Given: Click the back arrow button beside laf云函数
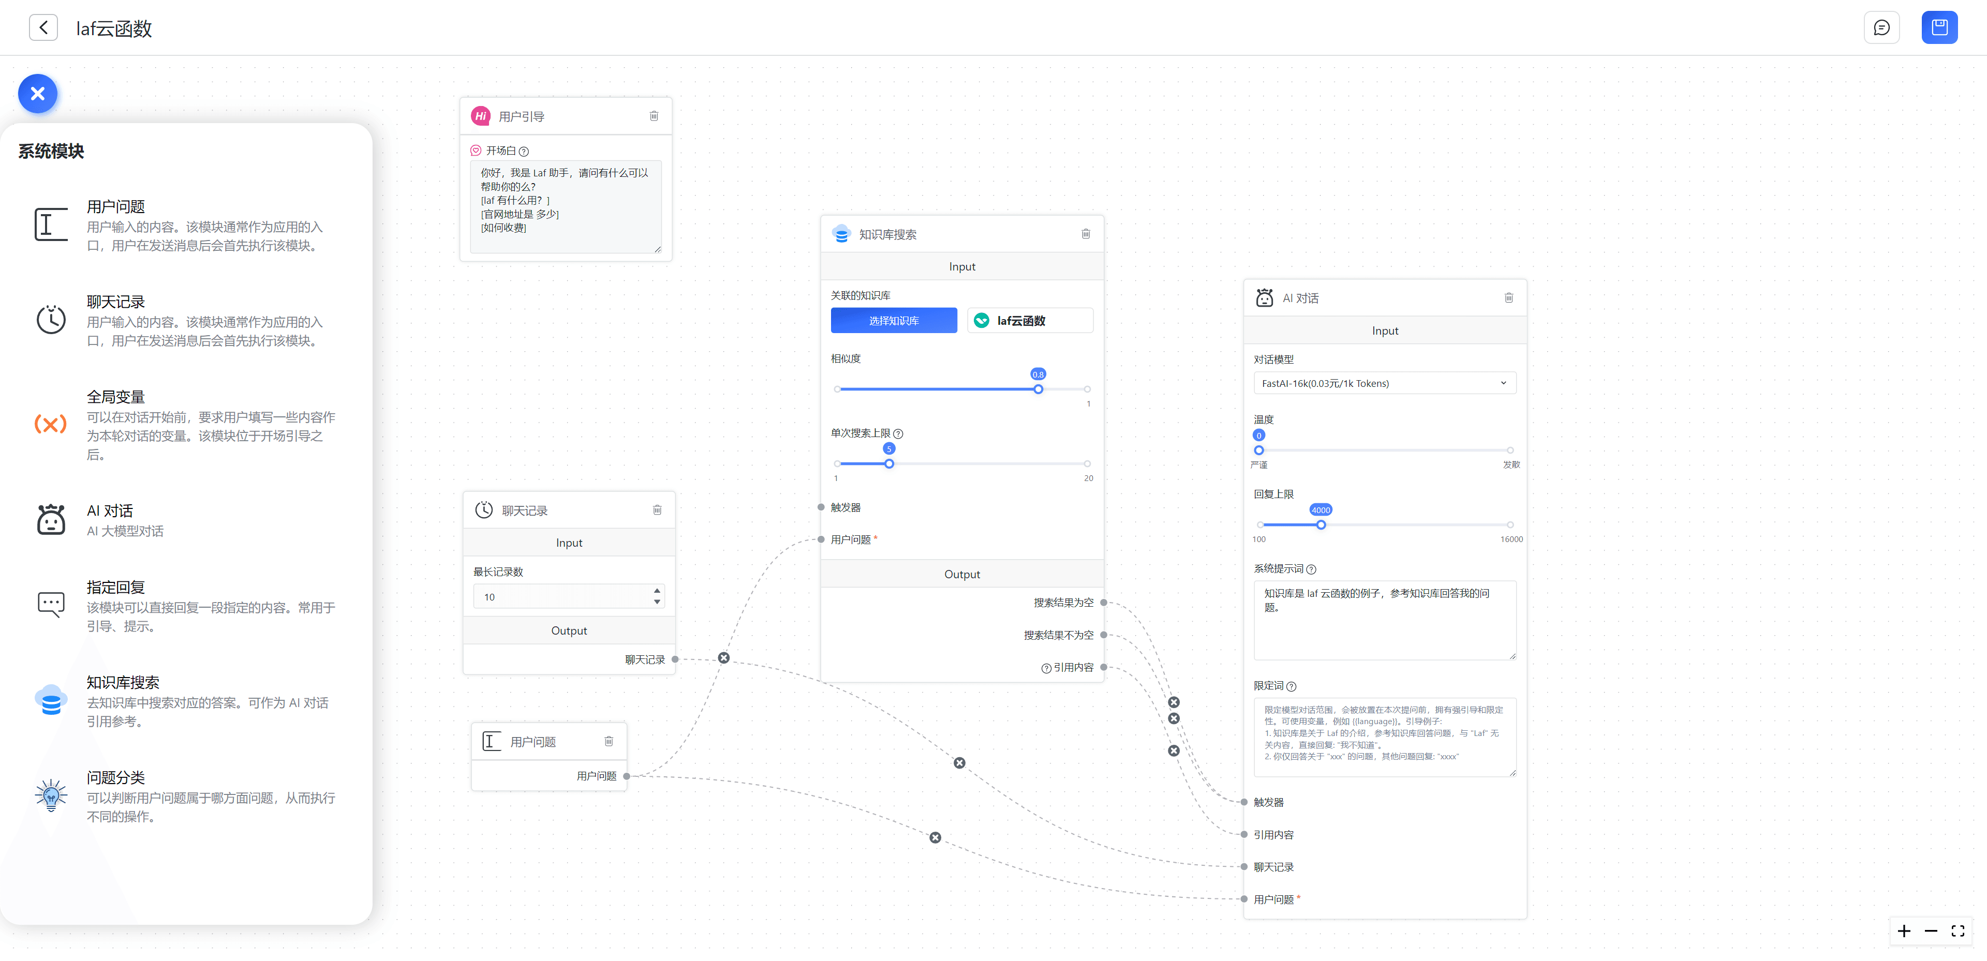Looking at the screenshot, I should (x=43, y=28).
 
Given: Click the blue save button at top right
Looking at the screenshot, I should (x=1939, y=28).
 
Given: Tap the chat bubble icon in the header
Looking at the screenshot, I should (x=1881, y=28).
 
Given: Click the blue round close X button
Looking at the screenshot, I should (x=38, y=94).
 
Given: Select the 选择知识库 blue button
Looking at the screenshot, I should (x=893, y=321).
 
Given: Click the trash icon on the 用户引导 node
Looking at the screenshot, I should (x=654, y=116).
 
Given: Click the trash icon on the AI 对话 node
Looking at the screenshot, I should (x=1508, y=298).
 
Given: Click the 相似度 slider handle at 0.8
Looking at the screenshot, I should (x=1038, y=389).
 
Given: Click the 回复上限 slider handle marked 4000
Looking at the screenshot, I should (x=1321, y=525).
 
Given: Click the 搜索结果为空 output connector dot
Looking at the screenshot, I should (x=1103, y=603).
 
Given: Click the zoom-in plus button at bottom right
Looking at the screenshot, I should (x=1904, y=931).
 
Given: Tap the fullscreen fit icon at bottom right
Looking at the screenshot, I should (x=1958, y=931).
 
